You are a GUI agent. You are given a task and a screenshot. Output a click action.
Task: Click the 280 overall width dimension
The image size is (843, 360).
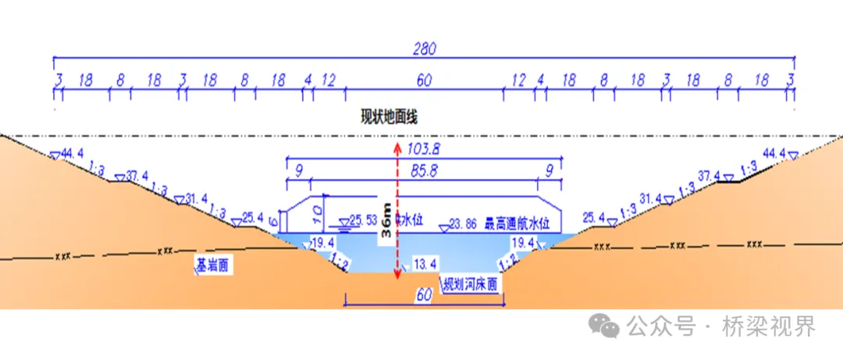tap(425, 48)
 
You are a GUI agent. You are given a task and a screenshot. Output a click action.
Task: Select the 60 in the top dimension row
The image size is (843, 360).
tap(424, 80)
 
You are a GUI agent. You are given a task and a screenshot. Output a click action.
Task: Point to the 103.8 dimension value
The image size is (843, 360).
tap(423, 148)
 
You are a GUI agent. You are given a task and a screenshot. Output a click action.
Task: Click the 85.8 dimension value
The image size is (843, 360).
tap(423, 169)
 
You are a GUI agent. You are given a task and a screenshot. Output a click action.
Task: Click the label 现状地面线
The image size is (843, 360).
tap(389, 118)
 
